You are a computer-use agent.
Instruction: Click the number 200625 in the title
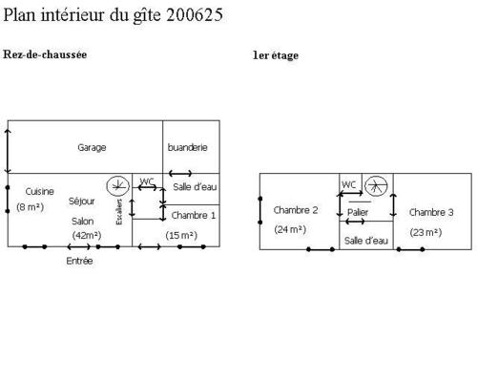pyautogui.click(x=195, y=15)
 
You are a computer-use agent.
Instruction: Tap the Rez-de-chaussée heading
pyautogui.click(x=45, y=54)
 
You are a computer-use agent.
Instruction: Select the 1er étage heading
pyautogui.click(x=276, y=55)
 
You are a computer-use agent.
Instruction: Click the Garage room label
pyautogui.click(x=92, y=148)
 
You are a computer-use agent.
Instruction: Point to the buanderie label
pyautogui.click(x=188, y=147)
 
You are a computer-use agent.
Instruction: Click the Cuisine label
pyautogui.click(x=40, y=191)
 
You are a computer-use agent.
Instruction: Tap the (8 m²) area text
pyautogui.click(x=31, y=207)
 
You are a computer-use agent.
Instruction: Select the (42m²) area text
pyautogui.click(x=87, y=236)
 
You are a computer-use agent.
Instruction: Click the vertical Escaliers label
pyautogui.click(x=119, y=212)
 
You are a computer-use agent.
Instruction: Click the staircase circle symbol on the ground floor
pyautogui.click(x=118, y=186)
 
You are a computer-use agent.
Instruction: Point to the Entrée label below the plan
pyautogui.click(x=79, y=261)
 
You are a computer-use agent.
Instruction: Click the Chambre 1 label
pyautogui.click(x=194, y=216)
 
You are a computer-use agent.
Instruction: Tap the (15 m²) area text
pyautogui.click(x=181, y=236)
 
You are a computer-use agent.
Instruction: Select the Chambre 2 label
pyautogui.click(x=296, y=210)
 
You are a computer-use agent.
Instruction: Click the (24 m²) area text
pyautogui.click(x=290, y=229)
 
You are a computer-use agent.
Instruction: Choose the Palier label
pyautogui.click(x=358, y=212)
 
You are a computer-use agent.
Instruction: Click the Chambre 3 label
pyautogui.click(x=431, y=212)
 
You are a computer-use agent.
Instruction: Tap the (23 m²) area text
pyautogui.click(x=425, y=233)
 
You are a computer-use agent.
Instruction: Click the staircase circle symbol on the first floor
pyautogui.click(x=376, y=186)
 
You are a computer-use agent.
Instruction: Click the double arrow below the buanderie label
pyautogui.click(x=180, y=174)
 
